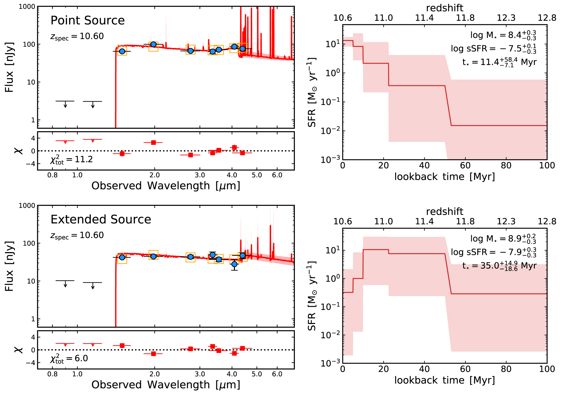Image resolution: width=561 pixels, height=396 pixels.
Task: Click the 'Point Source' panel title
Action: pos(88,21)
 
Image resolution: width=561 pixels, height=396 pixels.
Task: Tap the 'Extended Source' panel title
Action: pos(101,219)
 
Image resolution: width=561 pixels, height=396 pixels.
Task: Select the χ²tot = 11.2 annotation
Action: pos(71,160)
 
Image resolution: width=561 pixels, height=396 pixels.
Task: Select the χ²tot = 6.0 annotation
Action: pos(69,359)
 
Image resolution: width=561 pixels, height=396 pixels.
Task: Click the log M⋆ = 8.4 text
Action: pos(503,35)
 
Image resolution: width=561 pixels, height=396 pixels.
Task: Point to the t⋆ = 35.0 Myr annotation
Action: pos(499,266)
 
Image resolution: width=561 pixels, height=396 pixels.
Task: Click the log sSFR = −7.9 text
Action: pos(493,252)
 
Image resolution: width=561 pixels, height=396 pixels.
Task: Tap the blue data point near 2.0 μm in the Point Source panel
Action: pos(153,44)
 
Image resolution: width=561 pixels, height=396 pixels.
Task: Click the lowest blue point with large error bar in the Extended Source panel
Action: pos(234,264)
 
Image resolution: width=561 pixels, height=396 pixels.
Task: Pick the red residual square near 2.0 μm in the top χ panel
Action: pos(153,143)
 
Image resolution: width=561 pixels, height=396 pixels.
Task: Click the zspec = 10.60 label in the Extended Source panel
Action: pos(77,235)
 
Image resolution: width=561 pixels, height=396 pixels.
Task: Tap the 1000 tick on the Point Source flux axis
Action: pos(27,6)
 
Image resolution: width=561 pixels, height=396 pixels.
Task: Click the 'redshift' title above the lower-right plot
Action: pos(445,212)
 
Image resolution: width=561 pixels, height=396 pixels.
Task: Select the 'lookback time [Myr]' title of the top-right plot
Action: pos(444,177)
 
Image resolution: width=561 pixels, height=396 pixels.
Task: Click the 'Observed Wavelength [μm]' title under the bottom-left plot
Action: pos(166,385)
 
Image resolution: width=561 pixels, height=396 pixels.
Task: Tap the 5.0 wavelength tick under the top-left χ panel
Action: pos(257,175)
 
